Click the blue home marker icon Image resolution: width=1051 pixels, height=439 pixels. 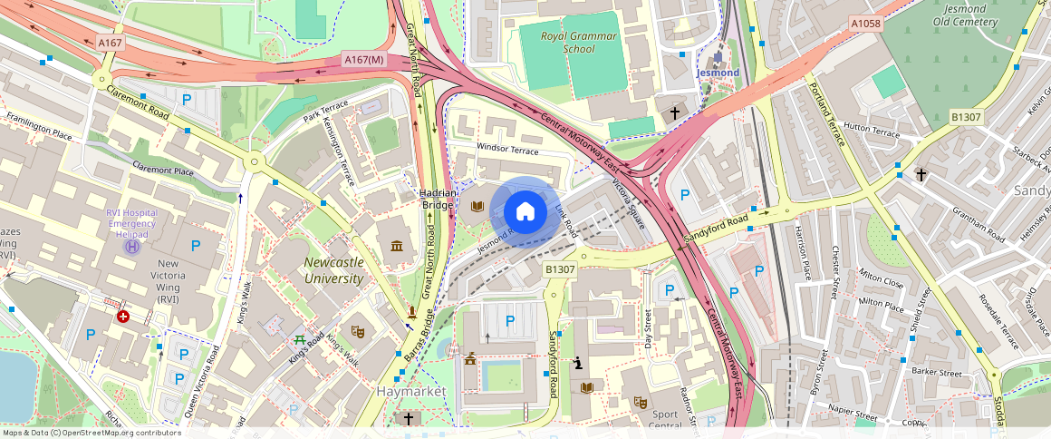[525, 211]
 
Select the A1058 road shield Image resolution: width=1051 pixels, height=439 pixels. [865, 23]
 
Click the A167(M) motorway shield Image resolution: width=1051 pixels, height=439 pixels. [365, 60]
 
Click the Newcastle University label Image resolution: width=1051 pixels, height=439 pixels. [333, 270]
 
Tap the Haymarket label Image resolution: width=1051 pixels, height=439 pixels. [411, 391]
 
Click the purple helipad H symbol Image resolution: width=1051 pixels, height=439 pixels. [132, 245]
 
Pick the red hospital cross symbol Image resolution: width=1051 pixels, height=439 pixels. [123, 317]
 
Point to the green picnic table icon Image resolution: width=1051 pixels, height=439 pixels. [299, 339]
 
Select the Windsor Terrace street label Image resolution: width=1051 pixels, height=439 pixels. [507, 151]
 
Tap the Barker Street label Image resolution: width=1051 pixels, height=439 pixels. [937, 372]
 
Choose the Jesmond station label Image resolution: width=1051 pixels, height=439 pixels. [718, 72]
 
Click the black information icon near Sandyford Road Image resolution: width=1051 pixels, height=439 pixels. [578, 364]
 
